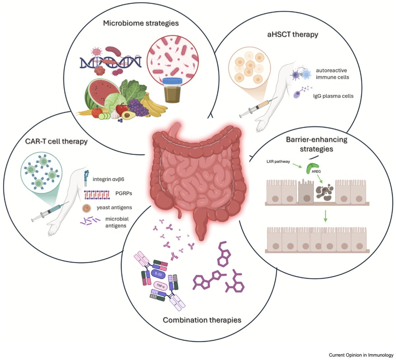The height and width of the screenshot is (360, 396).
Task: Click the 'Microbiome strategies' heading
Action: (141, 23)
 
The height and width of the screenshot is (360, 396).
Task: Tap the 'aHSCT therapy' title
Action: (292, 34)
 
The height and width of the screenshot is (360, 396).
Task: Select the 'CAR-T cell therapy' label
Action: (56, 141)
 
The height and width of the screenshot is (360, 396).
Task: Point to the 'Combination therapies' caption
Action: (202, 320)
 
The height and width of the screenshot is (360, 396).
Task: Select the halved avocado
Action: (127, 115)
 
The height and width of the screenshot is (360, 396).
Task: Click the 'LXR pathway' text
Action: (278, 162)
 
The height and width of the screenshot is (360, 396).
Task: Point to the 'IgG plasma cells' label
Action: (333, 96)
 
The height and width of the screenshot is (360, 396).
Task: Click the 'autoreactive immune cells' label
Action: (332, 74)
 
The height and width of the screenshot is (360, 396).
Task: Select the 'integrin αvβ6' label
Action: (108, 179)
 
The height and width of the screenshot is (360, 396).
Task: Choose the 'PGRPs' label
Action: (123, 193)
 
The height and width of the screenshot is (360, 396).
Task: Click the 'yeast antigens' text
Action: (114, 207)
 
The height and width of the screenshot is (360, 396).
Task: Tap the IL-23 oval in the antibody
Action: (158, 274)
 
